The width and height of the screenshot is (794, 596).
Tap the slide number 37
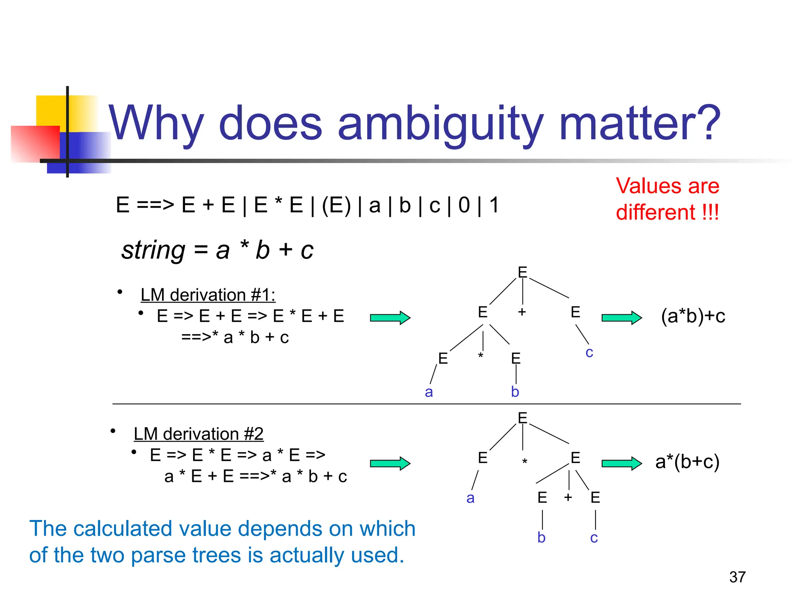point(737,577)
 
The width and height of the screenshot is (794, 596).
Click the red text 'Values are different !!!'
point(667,199)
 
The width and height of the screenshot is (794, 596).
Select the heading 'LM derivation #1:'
point(208,295)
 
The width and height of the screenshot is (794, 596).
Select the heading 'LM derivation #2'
point(198,434)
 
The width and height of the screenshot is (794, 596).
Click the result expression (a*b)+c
point(693,316)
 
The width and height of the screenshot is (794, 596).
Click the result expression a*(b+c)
point(687,462)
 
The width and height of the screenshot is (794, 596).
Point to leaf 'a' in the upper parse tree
point(428,392)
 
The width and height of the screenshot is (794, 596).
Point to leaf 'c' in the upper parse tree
point(589,352)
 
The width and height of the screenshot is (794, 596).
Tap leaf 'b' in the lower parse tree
point(541,538)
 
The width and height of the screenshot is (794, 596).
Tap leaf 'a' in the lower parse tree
point(470,498)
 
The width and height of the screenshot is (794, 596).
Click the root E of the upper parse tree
point(522,272)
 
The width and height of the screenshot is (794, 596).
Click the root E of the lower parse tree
point(522,418)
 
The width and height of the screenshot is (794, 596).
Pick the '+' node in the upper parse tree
point(522,312)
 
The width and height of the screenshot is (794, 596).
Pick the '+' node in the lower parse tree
point(568,497)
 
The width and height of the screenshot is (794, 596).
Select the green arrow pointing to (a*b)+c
point(621,318)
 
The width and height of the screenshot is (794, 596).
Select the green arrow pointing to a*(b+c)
point(621,463)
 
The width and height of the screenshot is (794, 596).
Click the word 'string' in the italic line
point(153,250)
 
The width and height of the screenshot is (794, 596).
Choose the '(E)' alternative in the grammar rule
point(336,205)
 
